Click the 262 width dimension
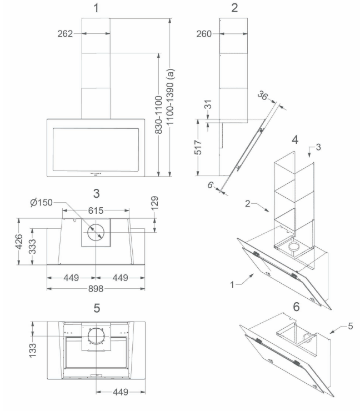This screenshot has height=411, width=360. (65, 33)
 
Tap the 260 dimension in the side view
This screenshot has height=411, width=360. (204, 34)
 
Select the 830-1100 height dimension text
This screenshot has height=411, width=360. (159, 115)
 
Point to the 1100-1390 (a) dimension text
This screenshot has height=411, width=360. (170, 97)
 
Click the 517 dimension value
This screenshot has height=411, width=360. (198, 147)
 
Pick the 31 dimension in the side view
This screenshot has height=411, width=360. (208, 104)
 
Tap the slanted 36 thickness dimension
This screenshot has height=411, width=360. (263, 96)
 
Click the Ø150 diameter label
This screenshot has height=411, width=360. (42, 203)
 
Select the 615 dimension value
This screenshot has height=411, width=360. (96, 210)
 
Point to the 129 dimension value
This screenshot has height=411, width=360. (154, 203)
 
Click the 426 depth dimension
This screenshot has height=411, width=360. (19, 242)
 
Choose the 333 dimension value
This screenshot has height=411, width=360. (32, 247)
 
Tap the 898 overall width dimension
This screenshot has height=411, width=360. (96, 289)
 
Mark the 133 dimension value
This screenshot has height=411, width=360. (32, 350)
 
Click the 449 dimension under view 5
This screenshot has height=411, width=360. (121, 392)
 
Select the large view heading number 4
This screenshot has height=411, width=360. (295, 140)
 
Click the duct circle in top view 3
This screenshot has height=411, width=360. (96, 233)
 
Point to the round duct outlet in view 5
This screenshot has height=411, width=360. (96, 335)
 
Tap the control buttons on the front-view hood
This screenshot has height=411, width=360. (96, 173)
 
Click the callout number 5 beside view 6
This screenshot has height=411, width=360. (351, 326)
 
